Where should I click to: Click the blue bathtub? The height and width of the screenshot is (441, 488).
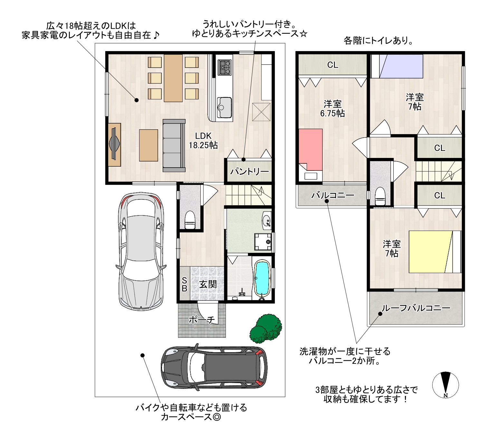point(262,280)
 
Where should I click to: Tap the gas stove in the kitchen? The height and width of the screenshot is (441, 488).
point(225,67)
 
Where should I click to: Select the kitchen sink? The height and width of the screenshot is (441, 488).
point(224,107)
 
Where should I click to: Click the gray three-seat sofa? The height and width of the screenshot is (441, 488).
point(174,145)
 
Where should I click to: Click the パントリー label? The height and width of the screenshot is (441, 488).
point(250,172)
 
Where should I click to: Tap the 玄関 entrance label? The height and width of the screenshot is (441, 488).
point(208,284)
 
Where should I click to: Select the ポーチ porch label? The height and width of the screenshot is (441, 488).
point(202,320)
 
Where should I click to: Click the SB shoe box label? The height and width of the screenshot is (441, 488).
point(184,285)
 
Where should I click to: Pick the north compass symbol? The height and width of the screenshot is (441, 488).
point(445,385)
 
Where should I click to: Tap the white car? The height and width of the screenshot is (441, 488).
point(141,252)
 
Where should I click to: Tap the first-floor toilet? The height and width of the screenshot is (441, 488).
point(190,220)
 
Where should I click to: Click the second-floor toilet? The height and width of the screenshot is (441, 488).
point(380,197)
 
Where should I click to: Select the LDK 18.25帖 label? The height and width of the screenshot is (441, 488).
point(203,141)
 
